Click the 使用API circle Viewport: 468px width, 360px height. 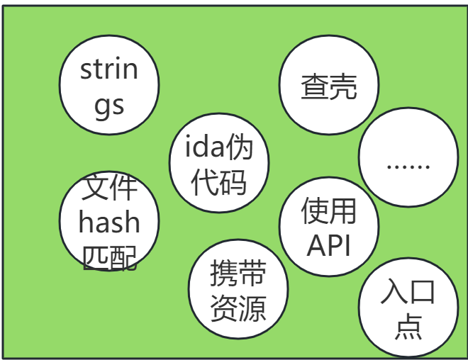(328, 225)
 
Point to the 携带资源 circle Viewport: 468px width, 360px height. (238, 289)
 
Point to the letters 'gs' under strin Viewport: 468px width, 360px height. (109, 106)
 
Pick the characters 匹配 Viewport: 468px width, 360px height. (109, 256)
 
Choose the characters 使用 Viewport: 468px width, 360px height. (328, 210)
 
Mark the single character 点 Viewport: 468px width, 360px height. (408, 326)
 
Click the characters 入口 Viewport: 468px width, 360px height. (408, 291)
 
